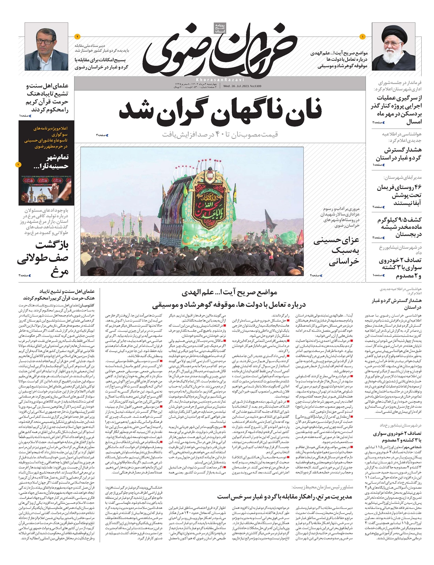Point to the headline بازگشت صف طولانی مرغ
(x=43, y=259)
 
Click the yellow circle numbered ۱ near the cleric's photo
(x=363, y=36)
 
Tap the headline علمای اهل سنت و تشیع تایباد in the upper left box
(x=47, y=98)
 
